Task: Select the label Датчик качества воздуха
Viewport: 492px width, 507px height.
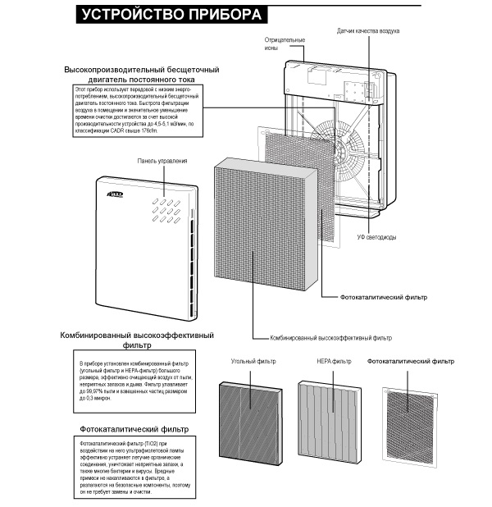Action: point(368,30)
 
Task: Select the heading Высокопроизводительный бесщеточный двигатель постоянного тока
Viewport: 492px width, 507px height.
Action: point(148,75)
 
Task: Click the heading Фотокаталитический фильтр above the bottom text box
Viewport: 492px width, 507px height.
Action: point(134,429)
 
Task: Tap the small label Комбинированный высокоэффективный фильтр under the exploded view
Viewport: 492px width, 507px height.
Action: point(331,337)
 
